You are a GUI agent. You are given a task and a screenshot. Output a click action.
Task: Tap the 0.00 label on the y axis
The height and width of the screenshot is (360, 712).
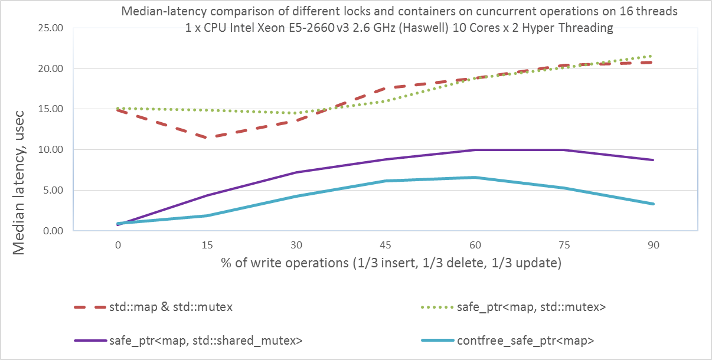tap(54, 231)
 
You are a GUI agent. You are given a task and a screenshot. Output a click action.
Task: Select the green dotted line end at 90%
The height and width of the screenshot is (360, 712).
tap(652, 56)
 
